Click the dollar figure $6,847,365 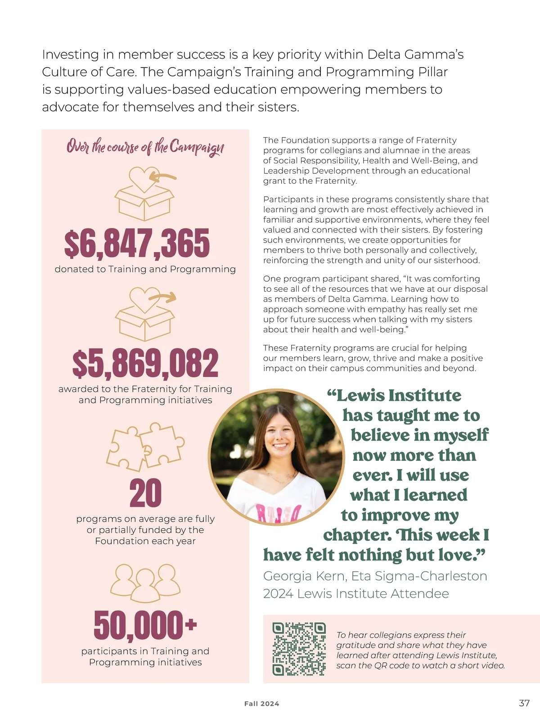pyautogui.click(x=137, y=244)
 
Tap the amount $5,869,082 pyautogui.click(x=145, y=363)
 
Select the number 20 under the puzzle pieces pyautogui.click(x=145, y=493)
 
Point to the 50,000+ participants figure pyautogui.click(x=145, y=625)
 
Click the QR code pyautogui.click(x=299, y=649)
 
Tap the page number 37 pyautogui.click(x=524, y=703)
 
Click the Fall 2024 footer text pyautogui.click(x=261, y=704)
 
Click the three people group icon pyautogui.click(x=145, y=583)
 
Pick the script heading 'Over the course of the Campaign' pyautogui.click(x=145, y=147)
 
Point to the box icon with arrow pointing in pyautogui.click(x=144, y=194)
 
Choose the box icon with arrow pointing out pyautogui.click(x=145, y=314)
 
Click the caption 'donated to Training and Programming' pyautogui.click(x=145, y=269)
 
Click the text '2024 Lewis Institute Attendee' pyautogui.click(x=356, y=594)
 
